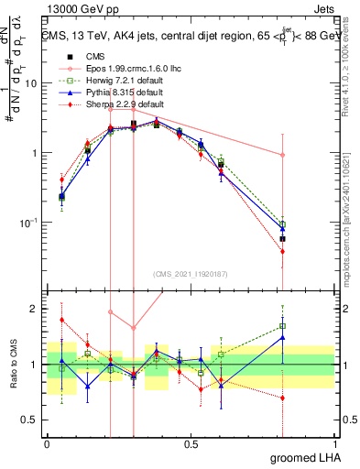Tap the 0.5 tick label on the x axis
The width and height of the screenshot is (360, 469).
click(x=190, y=443)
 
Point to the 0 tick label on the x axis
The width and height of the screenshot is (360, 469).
click(x=47, y=443)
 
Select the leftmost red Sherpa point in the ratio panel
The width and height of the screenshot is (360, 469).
click(x=61, y=320)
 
